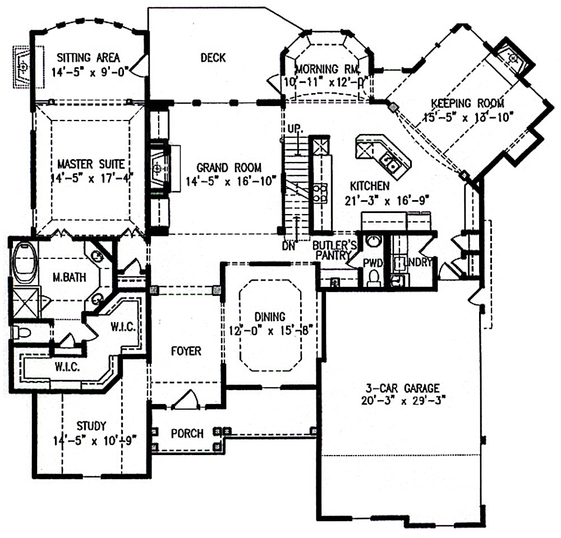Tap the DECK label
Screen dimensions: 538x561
coord(213,57)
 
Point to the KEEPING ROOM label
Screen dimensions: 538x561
coord(467,103)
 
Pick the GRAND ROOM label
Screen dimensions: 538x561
coord(228,167)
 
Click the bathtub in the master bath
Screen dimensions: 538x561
coord(24,262)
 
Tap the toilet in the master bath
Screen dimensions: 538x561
coord(21,332)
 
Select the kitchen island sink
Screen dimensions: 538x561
coord(389,163)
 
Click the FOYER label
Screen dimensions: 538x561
coord(186,351)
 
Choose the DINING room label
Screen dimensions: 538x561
coord(269,317)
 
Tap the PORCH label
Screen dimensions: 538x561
coord(187,433)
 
